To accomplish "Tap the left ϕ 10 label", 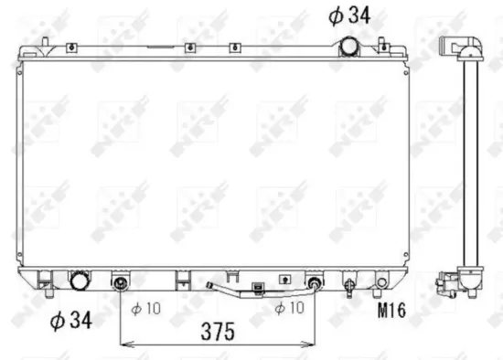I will coord(145,308).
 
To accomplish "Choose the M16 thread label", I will coord(391,312).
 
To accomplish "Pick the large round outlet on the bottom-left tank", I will coord(80,280).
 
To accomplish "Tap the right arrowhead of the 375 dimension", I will coord(312,344).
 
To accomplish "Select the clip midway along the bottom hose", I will coord(260,292).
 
